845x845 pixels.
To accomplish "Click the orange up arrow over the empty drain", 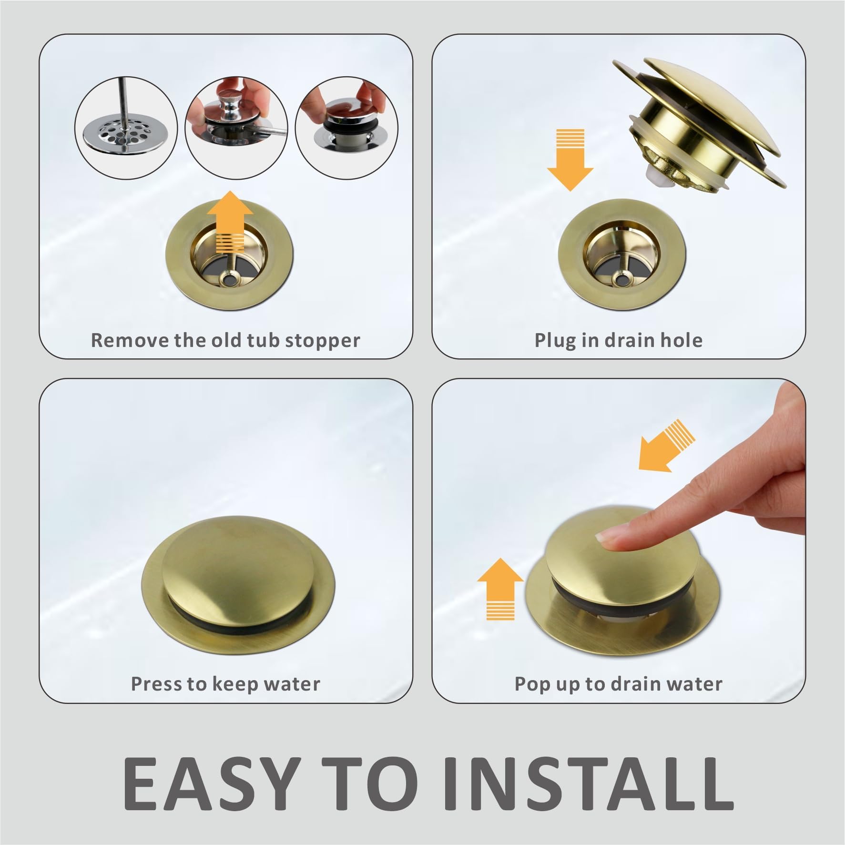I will pos(230,222).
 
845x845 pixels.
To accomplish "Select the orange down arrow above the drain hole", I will pos(570,160).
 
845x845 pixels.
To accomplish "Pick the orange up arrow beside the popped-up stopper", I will pos(500,588).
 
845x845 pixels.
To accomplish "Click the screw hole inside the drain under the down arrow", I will pos(620,280).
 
